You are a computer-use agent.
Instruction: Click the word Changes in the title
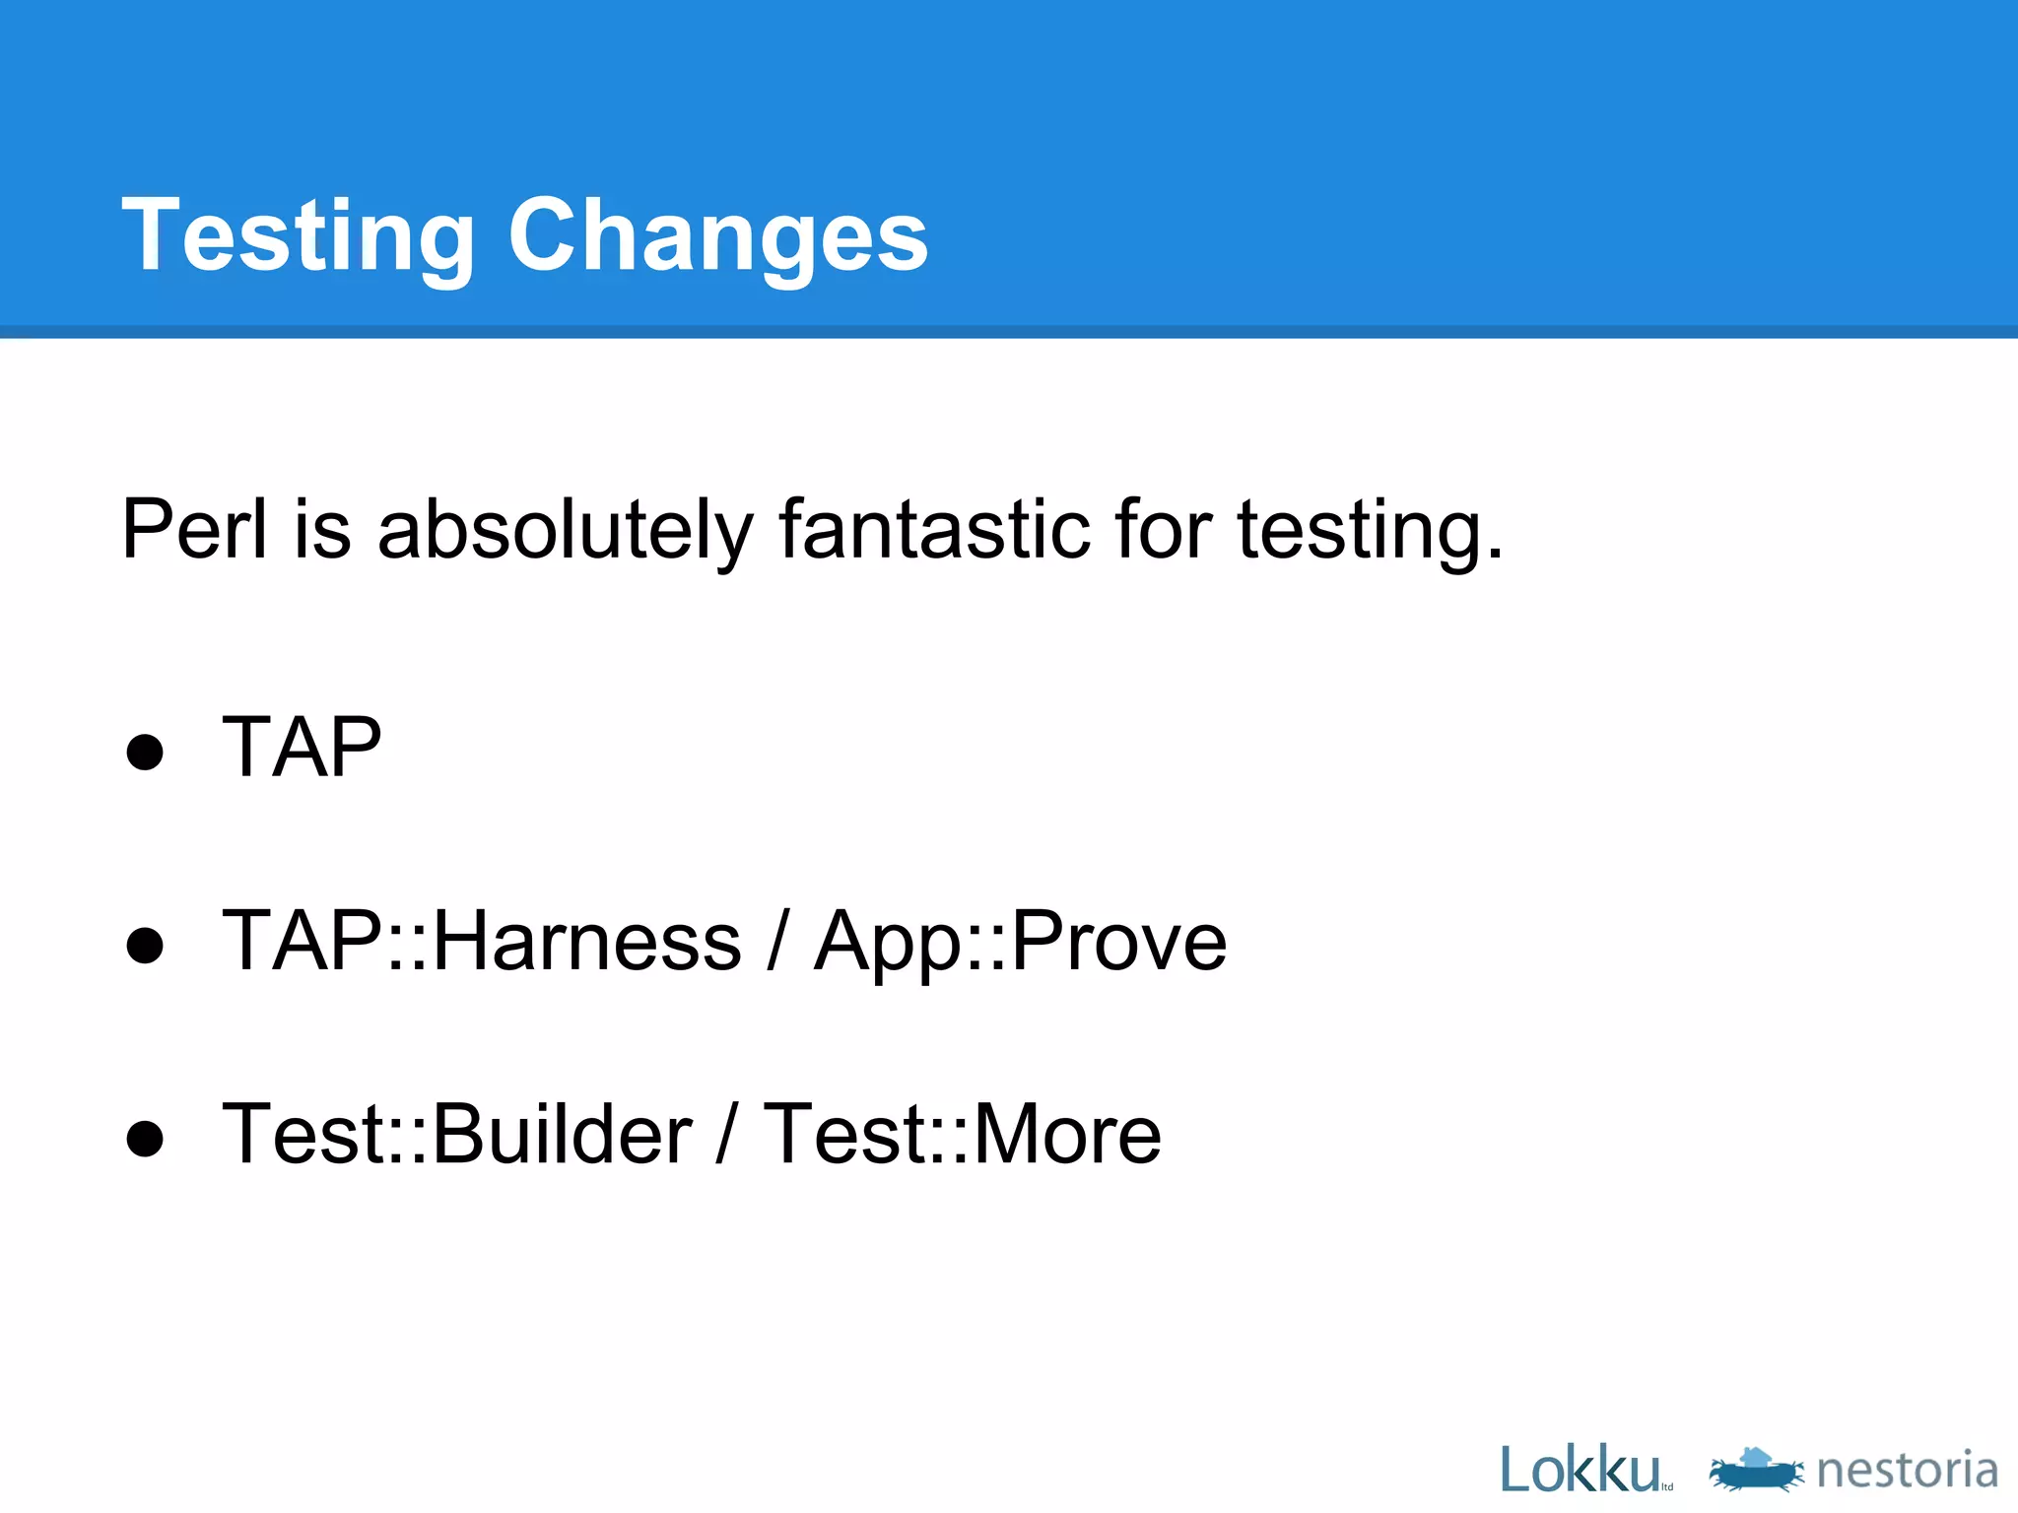click(x=717, y=236)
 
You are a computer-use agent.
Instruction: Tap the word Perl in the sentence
click(x=194, y=530)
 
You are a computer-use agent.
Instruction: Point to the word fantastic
click(x=934, y=530)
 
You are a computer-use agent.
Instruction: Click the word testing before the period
click(x=1360, y=530)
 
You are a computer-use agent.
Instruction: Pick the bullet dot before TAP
click(x=145, y=753)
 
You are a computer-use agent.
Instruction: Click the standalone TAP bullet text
click(x=302, y=748)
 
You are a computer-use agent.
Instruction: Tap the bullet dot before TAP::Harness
click(x=145, y=946)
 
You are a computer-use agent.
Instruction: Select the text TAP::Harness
click(x=481, y=942)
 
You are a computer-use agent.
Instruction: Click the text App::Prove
click(x=1020, y=942)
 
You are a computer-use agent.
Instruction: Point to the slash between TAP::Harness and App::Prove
click(x=777, y=942)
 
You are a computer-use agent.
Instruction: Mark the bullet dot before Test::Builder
click(x=145, y=1139)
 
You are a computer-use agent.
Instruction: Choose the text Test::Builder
click(x=457, y=1135)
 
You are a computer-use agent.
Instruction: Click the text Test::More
click(x=963, y=1135)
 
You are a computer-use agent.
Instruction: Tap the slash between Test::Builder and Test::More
click(x=727, y=1135)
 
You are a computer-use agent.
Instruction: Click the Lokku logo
click(x=1582, y=1470)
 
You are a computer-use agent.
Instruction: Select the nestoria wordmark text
click(x=1907, y=1470)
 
